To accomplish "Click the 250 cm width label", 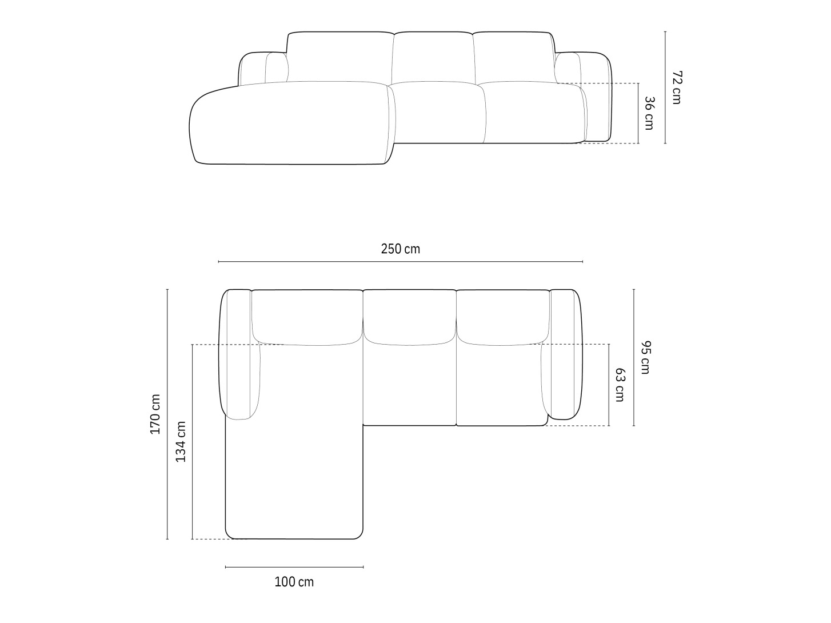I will (400, 249).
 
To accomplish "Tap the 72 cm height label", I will (677, 87).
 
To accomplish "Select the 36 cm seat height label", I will (649, 113).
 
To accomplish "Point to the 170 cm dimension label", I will (155, 414).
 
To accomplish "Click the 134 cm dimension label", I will (181, 442).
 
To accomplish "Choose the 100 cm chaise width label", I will (294, 582).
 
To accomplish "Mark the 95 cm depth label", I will (645, 357).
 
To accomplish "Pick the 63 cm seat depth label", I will (619, 385).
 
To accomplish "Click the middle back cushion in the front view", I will (433, 57).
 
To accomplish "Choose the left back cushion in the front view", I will (340, 57).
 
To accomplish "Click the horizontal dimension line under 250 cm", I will (400, 262).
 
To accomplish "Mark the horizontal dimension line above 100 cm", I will (294, 567).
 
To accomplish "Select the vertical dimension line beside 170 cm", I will (167, 414).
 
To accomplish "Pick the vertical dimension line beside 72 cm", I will (665, 87).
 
